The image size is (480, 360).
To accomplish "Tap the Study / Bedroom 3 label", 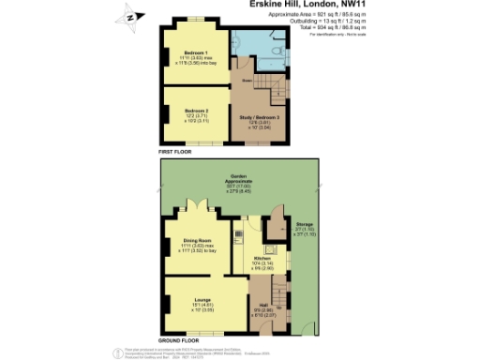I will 261,117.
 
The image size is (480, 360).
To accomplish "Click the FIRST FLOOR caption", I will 175,150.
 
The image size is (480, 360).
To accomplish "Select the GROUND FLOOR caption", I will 178,340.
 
